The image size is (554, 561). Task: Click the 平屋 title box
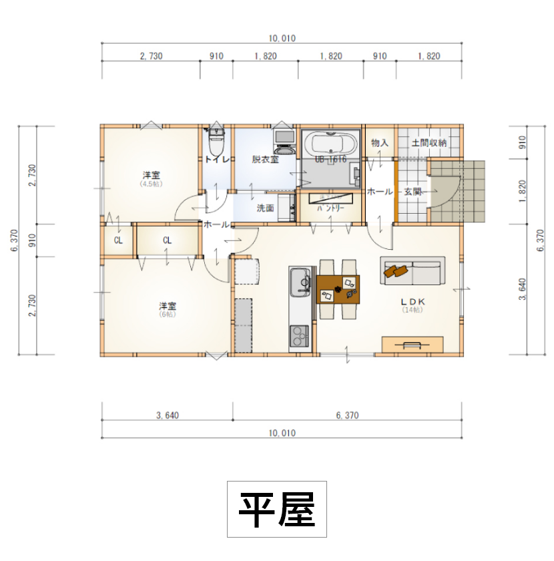point(277,509)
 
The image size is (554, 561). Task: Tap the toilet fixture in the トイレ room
point(216,140)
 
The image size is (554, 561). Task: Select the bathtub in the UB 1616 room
point(330,144)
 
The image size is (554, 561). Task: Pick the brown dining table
point(338,289)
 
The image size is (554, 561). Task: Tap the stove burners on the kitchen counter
point(298,336)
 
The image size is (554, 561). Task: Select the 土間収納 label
point(429,143)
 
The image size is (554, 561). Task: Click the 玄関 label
point(412,192)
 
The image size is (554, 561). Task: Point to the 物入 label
point(380,143)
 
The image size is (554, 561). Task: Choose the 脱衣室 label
point(265,160)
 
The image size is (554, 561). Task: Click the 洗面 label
point(266,208)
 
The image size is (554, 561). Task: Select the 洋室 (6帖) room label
point(167,309)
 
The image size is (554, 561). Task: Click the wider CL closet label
point(167,240)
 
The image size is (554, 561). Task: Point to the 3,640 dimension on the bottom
point(167,415)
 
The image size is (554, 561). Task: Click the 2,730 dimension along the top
point(151,57)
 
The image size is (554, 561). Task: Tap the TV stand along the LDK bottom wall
point(412,344)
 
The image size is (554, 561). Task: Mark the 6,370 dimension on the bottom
point(347,415)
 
